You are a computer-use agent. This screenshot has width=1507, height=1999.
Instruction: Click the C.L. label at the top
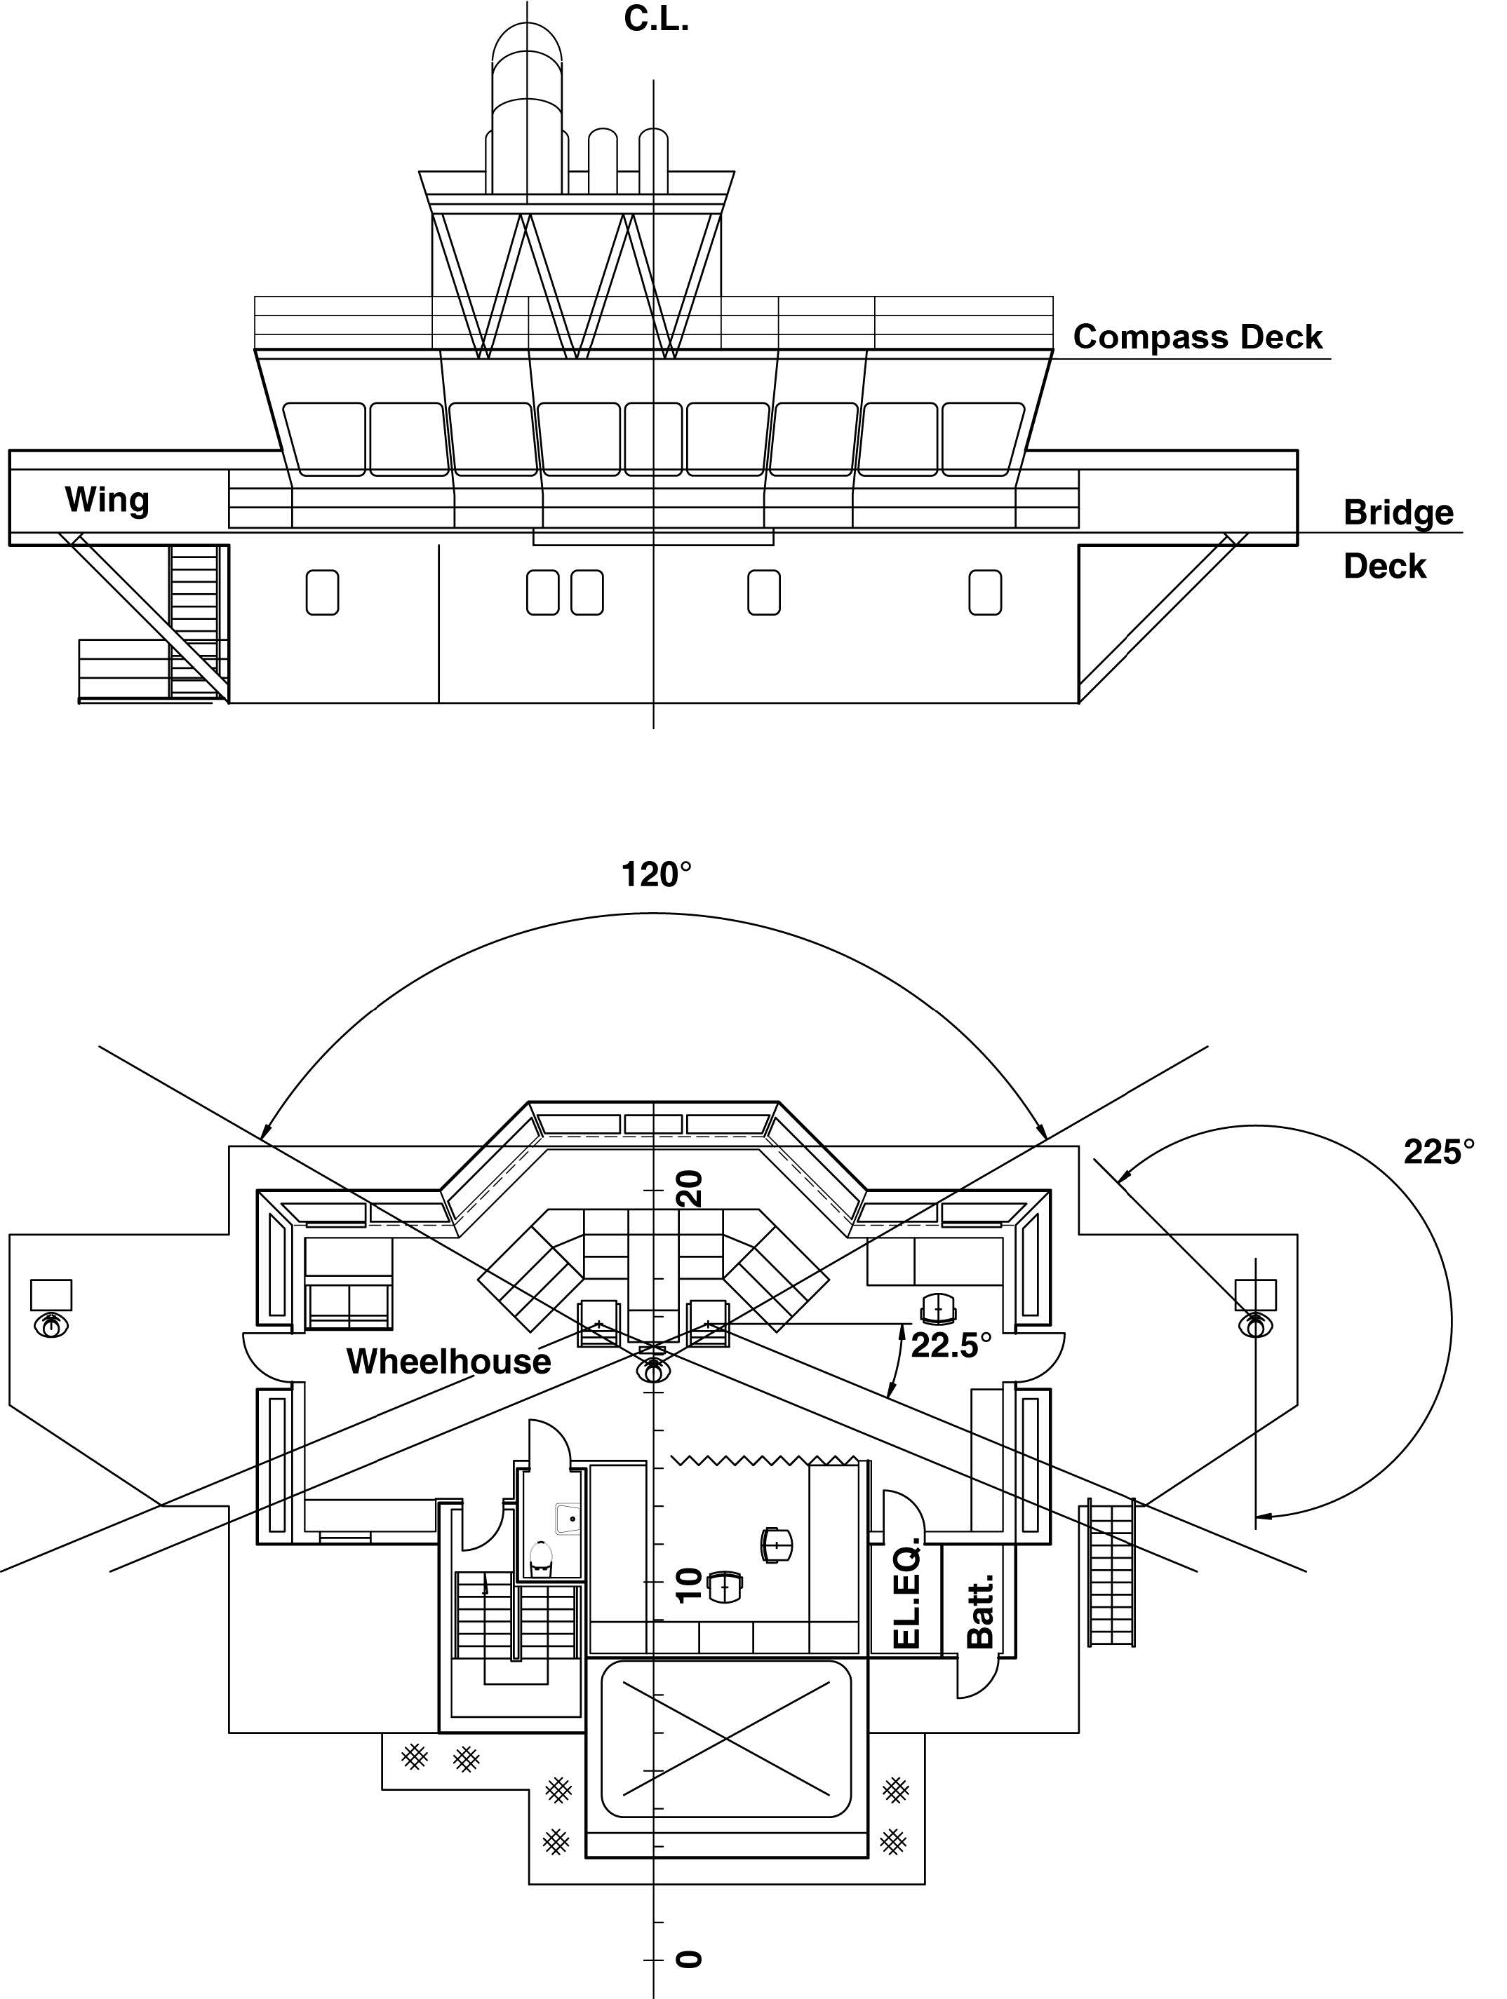pyautogui.click(x=656, y=20)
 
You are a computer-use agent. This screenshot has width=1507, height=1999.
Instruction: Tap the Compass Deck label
pyautogui.click(x=1197, y=337)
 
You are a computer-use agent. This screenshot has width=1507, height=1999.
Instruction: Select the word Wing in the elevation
pyautogui.click(x=107, y=500)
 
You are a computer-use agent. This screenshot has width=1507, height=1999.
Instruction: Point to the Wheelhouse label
pyautogui.click(x=448, y=1362)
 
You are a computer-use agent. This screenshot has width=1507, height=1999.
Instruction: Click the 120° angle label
pyautogui.click(x=655, y=875)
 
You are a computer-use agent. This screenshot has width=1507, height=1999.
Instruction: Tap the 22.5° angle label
pyautogui.click(x=950, y=1346)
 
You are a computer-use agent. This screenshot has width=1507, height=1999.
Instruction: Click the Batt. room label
pyautogui.click(x=980, y=1611)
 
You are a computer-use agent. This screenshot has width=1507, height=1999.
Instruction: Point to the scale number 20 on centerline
pyautogui.click(x=689, y=1188)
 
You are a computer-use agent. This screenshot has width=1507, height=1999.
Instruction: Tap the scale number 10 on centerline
pyautogui.click(x=689, y=1585)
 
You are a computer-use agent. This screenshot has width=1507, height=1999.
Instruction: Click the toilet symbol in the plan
pyautogui.click(x=541, y=1557)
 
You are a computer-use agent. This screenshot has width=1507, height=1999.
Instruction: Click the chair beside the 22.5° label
pyautogui.click(x=937, y=1308)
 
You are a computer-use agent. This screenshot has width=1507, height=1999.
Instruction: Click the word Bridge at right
pyautogui.click(x=1398, y=513)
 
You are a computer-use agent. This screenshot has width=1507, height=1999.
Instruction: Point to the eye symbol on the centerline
pyautogui.click(x=652, y=1371)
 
